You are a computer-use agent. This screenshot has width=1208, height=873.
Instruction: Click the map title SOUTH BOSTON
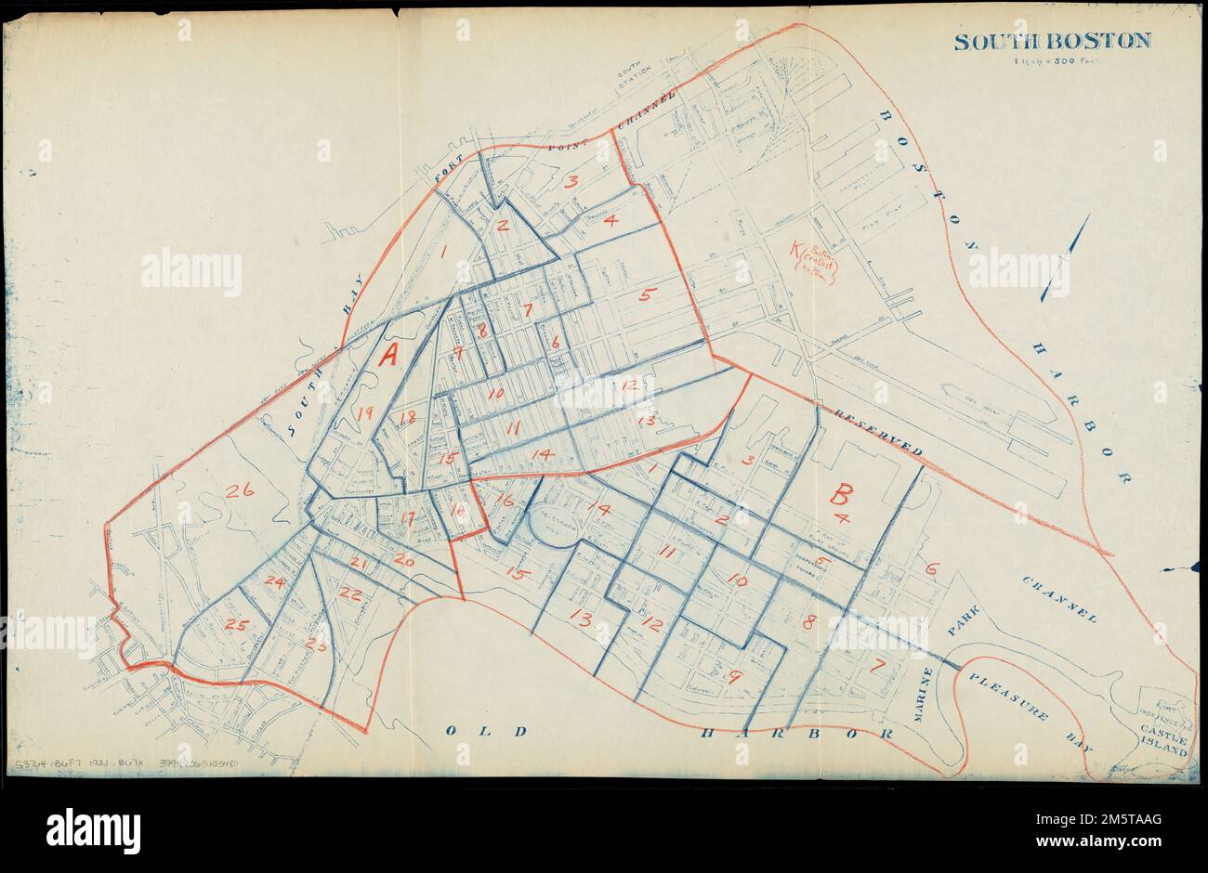[x=1052, y=41]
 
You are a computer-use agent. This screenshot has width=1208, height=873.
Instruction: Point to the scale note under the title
[x=1053, y=63]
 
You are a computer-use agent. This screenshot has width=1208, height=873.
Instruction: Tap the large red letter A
[x=390, y=355]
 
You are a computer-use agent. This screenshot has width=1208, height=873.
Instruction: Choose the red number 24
[x=273, y=581]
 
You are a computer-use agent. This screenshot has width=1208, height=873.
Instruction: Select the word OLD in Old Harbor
[x=480, y=730]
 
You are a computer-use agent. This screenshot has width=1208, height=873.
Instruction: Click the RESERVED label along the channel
[x=877, y=431]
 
